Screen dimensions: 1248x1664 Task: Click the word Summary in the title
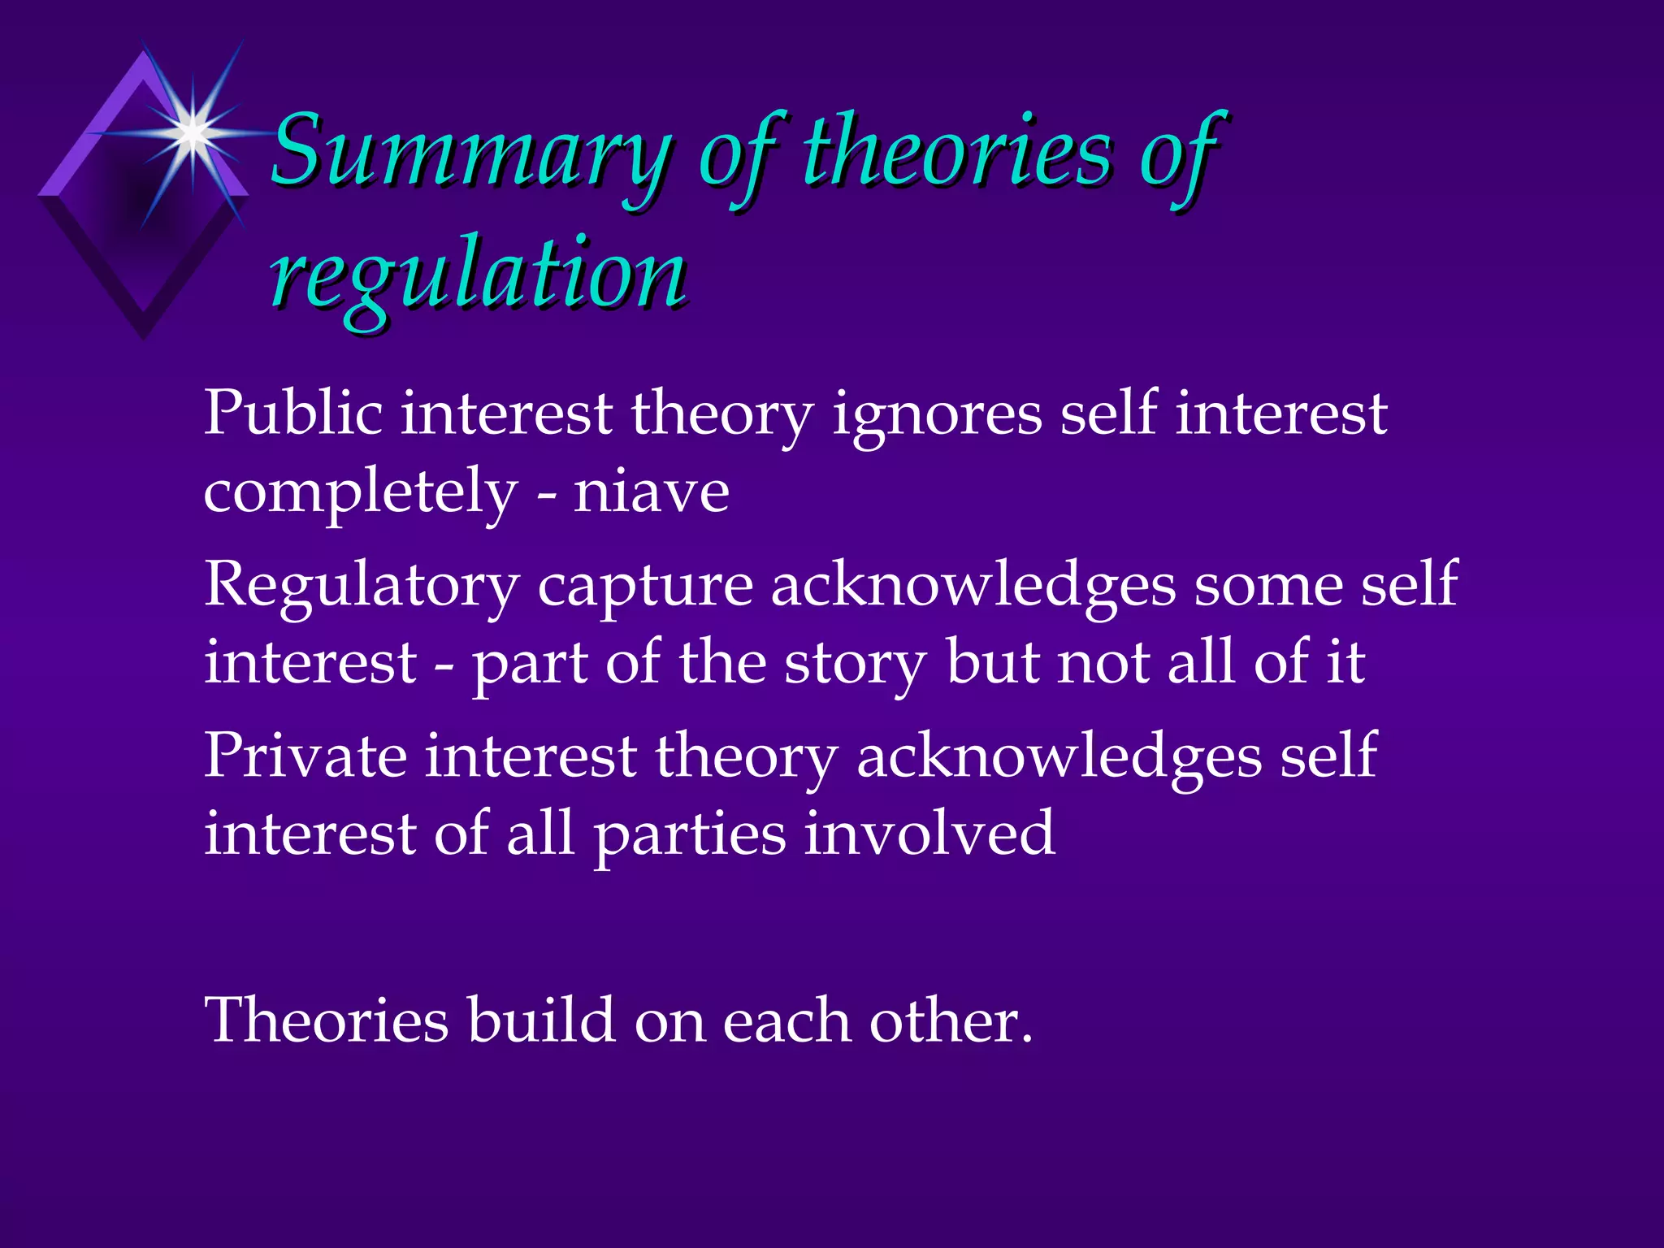pos(470,154)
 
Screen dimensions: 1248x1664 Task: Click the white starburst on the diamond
pos(193,132)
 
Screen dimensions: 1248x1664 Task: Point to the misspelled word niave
pos(651,491)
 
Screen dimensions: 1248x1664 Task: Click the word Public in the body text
pos(292,413)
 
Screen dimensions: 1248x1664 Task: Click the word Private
pos(305,756)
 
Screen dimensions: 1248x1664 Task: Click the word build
pos(540,1019)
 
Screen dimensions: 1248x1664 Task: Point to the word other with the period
pos(951,1019)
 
